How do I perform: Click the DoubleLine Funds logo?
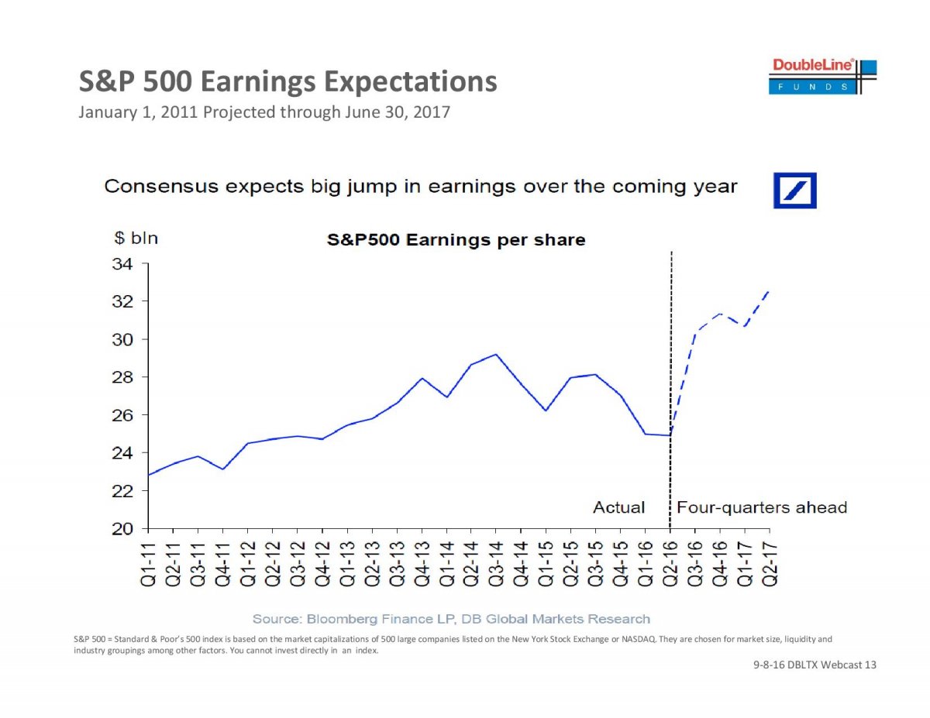coord(824,76)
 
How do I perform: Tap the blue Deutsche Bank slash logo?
coord(794,190)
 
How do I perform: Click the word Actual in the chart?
coord(618,508)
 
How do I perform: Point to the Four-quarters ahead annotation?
coord(761,508)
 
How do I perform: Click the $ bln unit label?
coord(131,239)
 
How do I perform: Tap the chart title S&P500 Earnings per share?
coord(455,240)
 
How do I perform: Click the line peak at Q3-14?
coord(496,354)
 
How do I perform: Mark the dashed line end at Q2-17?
coord(769,290)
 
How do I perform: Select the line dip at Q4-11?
coord(223,469)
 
